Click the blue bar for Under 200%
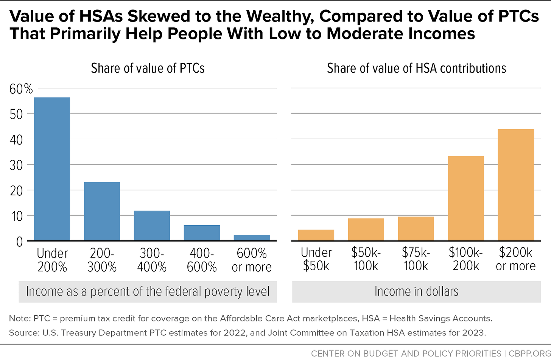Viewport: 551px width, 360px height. [x=52, y=169]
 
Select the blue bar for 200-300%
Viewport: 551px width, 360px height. [x=102, y=211]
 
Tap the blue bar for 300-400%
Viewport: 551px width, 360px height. [x=152, y=226]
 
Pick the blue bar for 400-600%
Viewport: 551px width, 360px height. [x=202, y=233]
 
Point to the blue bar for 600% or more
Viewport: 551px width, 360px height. [x=252, y=237]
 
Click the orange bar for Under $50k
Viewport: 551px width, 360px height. [x=316, y=235]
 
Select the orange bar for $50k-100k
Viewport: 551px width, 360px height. [x=366, y=229]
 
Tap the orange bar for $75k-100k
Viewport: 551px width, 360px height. [x=416, y=229]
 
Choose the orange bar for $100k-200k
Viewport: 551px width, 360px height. [x=465, y=198]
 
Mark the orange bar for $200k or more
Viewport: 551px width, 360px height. [x=515, y=185]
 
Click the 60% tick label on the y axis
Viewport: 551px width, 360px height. [x=21, y=89]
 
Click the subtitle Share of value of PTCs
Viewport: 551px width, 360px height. [x=148, y=68]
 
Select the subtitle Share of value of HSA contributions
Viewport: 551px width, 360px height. [x=416, y=68]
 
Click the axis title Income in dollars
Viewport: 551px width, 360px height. [x=416, y=291]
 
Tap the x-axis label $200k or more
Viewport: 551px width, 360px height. [x=515, y=259]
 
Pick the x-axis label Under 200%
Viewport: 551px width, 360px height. [x=52, y=260]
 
